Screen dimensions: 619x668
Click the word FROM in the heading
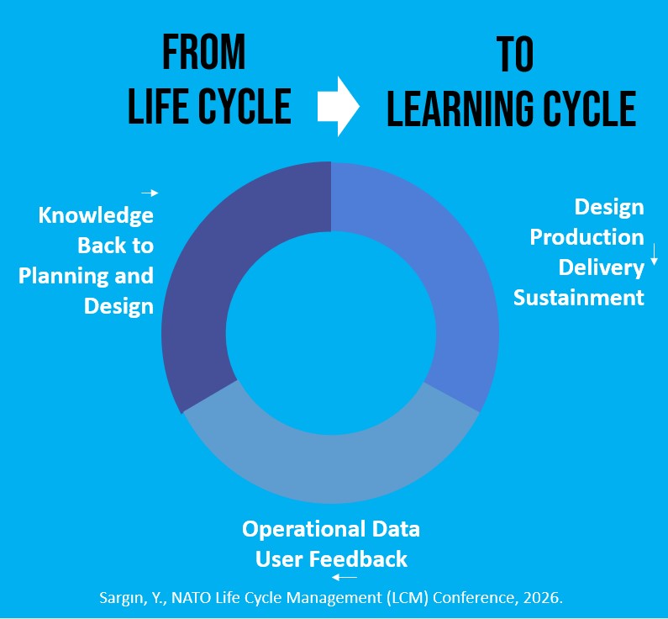(x=203, y=54)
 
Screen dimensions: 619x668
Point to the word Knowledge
(x=96, y=215)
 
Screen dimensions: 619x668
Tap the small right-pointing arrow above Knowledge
(x=150, y=193)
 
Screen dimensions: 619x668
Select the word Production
(x=586, y=237)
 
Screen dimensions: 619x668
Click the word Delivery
(x=602, y=267)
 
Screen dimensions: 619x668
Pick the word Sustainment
(x=579, y=298)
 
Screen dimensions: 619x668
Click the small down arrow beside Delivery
(x=654, y=255)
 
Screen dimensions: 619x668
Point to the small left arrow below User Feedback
(x=345, y=578)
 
